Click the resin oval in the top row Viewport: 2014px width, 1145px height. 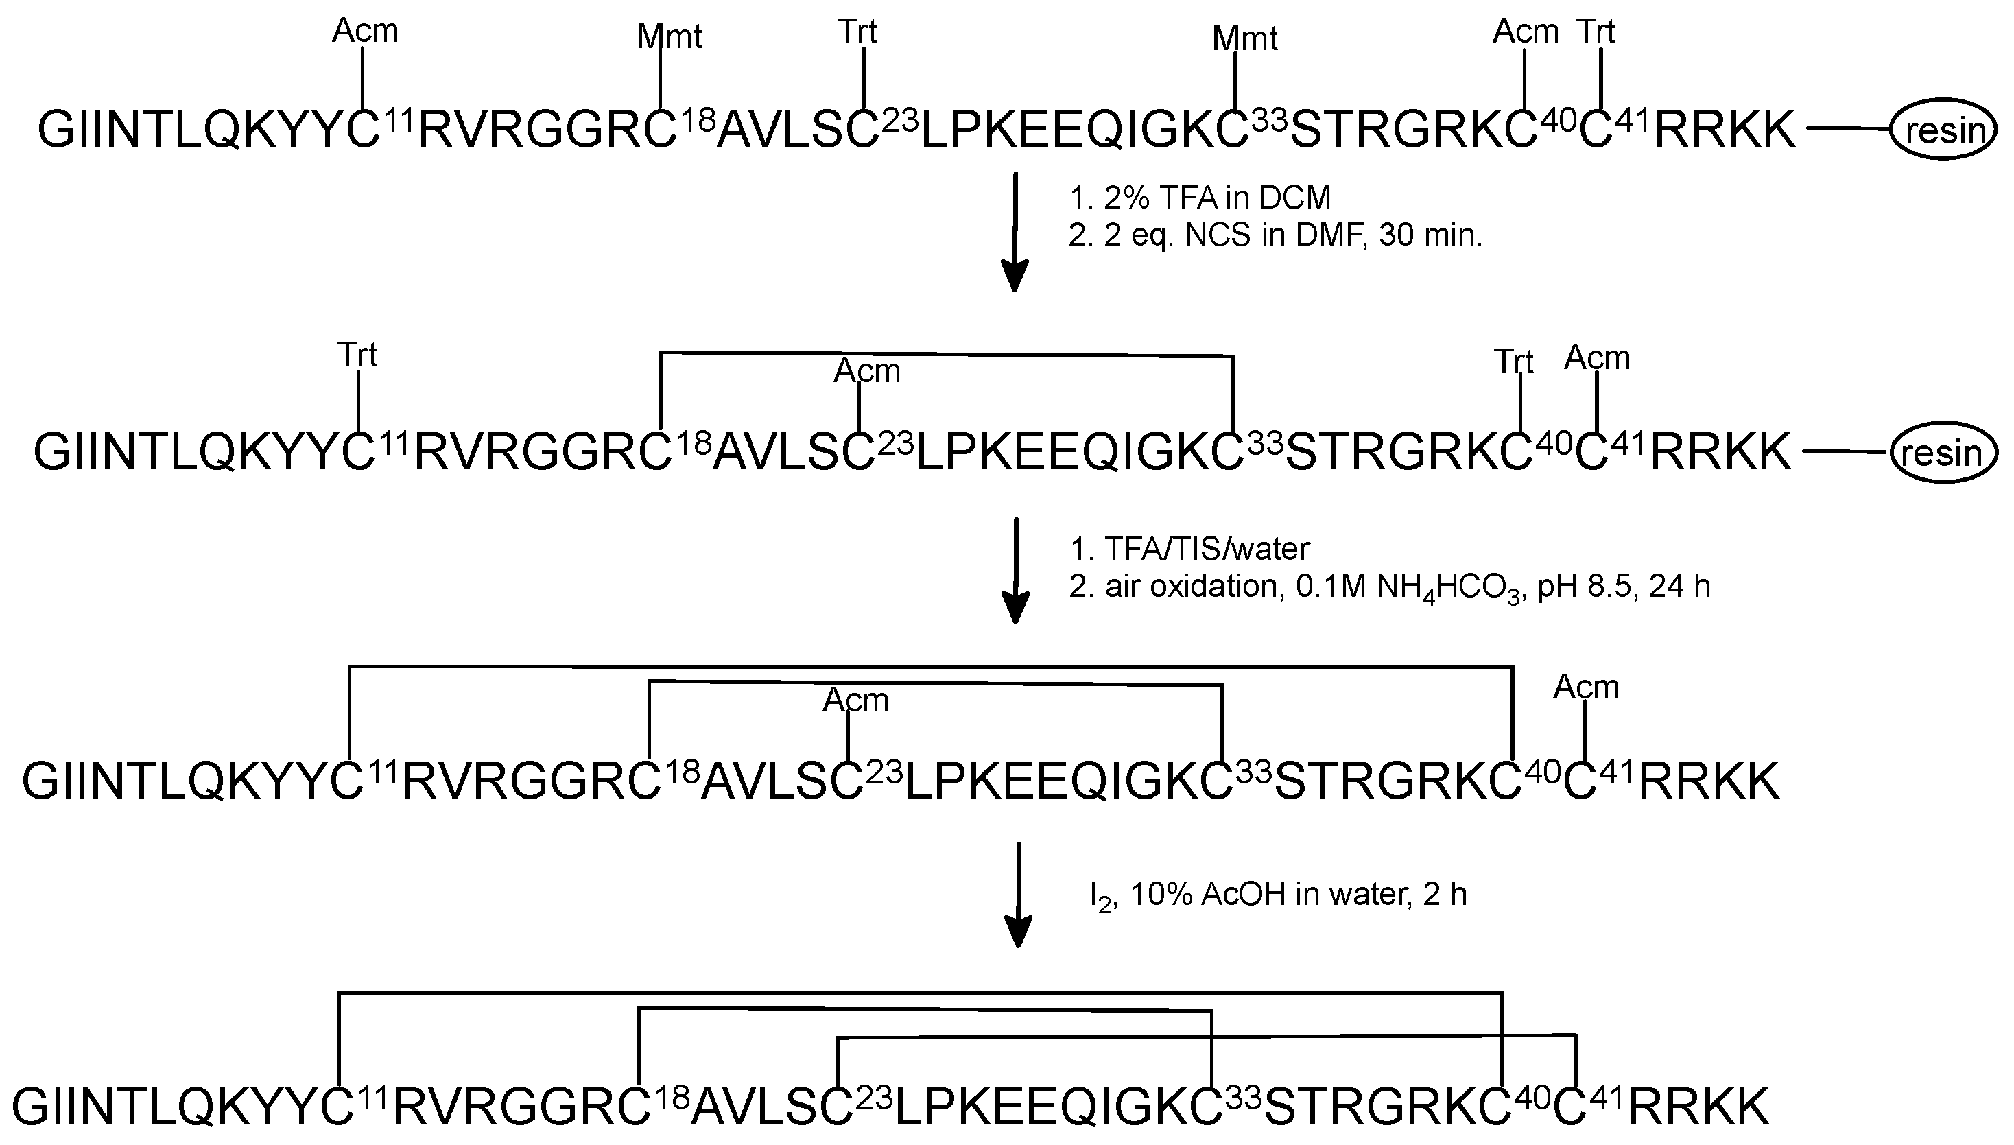tap(1943, 130)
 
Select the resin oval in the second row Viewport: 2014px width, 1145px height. tap(1943, 453)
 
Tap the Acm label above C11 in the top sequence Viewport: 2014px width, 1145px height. tap(365, 32)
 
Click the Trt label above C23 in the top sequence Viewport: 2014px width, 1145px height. tap(857, 32)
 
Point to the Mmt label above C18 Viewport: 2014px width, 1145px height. tap(669, 37)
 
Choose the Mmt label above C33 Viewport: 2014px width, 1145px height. tap(1244, 38)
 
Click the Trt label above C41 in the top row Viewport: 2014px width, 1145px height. tap(1596, 32)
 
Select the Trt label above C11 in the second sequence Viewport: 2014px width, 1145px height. tap(357, 355)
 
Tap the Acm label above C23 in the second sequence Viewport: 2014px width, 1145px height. tap(866, 370)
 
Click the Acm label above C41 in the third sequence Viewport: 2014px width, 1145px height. tap(1585, 687)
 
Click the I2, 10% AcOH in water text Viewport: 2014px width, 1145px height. tap(1278, 895)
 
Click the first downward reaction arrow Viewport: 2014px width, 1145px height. tap(1015, 231)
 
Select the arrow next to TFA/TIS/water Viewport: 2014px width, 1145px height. tap(1017, 569)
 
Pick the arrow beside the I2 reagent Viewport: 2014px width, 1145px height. tap(1019, 894)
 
